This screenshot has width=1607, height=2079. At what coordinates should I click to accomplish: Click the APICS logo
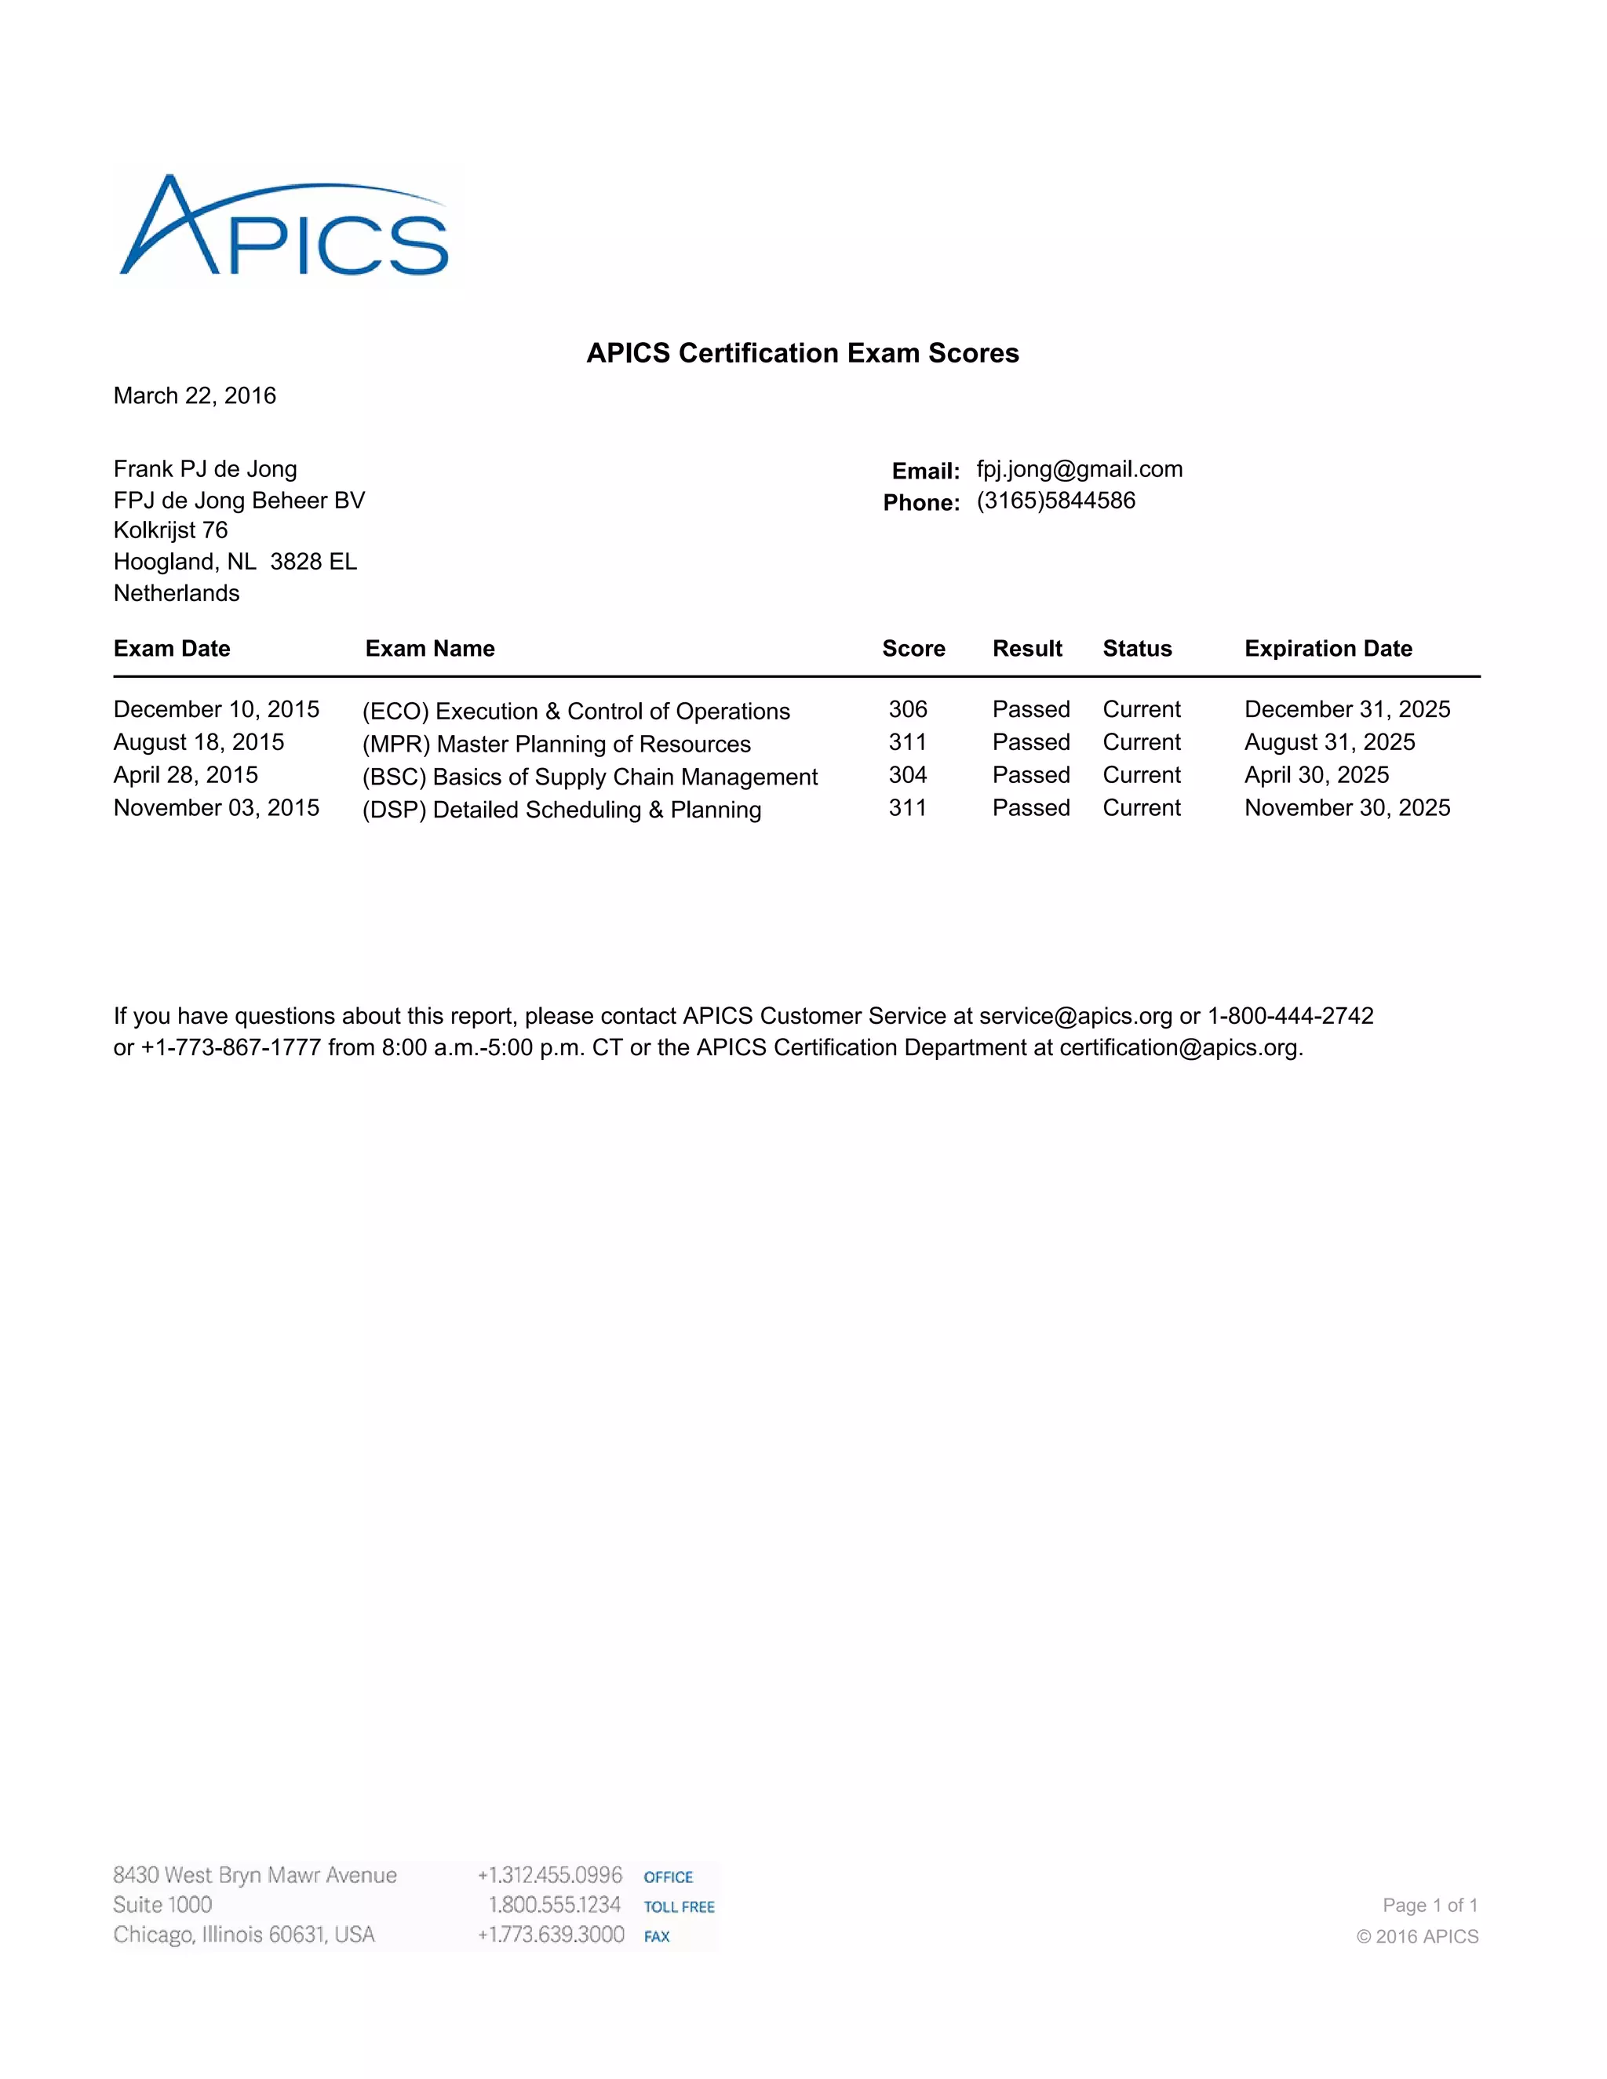tap(284, 228)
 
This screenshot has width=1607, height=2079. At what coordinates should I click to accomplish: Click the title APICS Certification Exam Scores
tap(803, 353)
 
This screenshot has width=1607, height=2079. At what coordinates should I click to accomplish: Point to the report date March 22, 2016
tap(195, 396)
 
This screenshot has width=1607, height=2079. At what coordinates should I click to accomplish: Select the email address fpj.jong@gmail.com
tap(1080, 469)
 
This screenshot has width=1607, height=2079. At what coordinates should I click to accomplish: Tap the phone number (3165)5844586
tap(1056, 501)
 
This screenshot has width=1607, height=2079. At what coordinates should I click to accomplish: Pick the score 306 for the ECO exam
tap(907, 709)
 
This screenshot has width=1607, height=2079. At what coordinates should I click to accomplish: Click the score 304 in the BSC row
tap(907, 775)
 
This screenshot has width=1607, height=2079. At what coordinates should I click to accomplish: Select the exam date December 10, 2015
tap(216, 709)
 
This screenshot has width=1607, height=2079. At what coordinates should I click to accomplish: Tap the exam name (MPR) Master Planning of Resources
tap(556, 744)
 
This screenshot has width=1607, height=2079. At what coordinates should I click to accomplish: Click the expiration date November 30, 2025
tap(1347, 808)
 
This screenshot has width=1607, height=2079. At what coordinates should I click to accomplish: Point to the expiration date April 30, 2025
tap(1317, 775)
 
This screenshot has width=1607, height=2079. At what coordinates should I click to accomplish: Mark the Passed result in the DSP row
tap(1031, 808)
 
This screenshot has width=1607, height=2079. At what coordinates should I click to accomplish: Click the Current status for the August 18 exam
tap(1142, 742)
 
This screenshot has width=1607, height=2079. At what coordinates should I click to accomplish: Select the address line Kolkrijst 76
tap(170, 530)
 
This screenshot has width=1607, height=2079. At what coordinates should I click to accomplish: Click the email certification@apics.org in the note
tap(1179, 1048)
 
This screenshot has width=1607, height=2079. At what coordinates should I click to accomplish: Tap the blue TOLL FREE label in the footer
tap(679, 1906)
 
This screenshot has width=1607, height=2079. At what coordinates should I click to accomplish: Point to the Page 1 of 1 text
tap(1430, 1905)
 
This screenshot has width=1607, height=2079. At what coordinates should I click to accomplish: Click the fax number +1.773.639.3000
tap(551, 1935)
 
